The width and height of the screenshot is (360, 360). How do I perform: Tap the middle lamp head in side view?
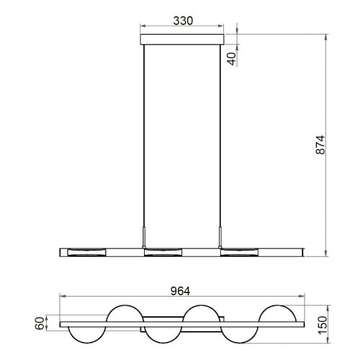coord(163,252)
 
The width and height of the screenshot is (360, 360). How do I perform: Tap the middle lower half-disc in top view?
coord(163,336)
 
